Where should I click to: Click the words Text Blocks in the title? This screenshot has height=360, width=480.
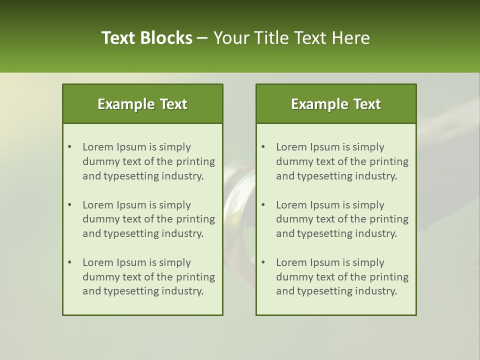146,38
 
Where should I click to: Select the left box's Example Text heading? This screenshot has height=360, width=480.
142,104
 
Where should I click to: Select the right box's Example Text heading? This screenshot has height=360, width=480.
336,104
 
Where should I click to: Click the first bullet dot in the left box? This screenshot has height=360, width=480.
70,147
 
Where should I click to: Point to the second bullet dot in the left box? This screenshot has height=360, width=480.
70,205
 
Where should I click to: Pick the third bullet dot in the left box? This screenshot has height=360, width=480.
70,262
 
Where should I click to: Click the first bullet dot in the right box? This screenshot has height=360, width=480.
263,147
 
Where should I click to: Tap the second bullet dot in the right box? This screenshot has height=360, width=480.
263,205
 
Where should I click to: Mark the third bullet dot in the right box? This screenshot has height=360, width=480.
263,262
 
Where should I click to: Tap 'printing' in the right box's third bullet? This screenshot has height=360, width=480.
389,276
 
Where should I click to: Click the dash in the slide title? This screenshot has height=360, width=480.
202,38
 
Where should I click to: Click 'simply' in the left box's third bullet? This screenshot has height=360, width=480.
175,262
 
